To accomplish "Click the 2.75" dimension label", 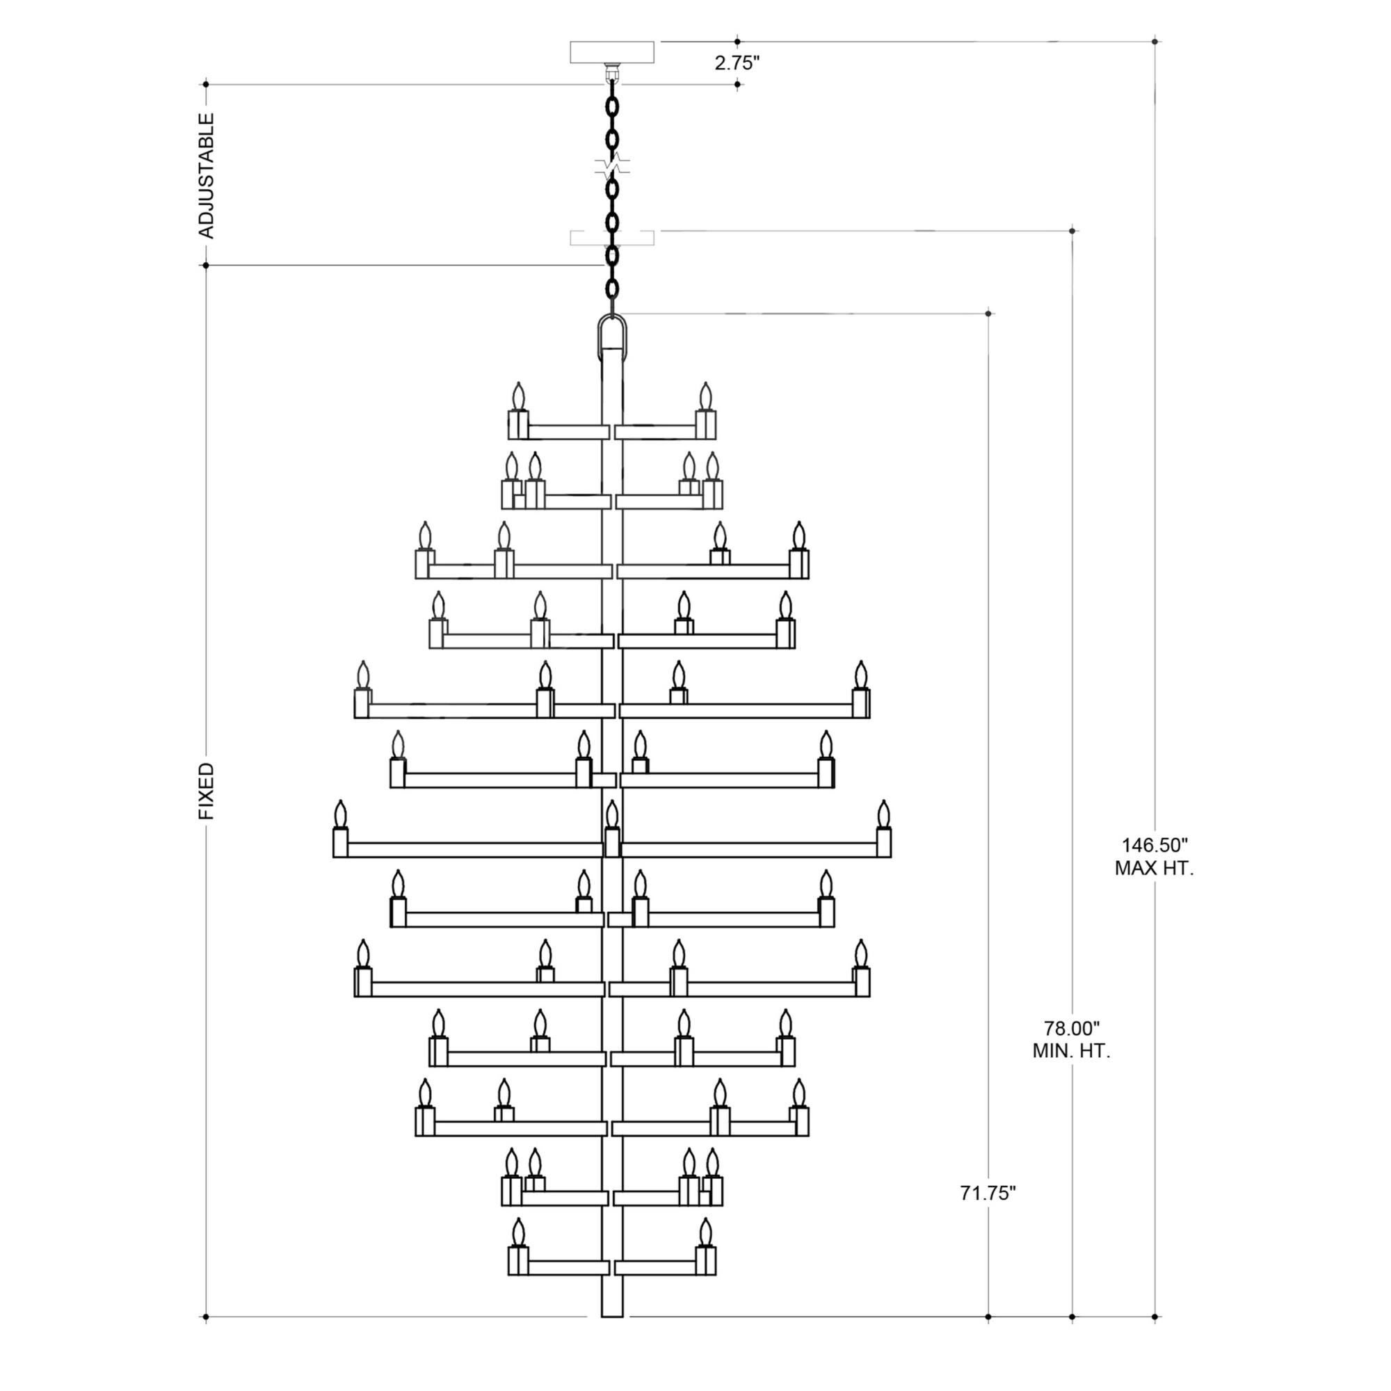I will tap(737, 63).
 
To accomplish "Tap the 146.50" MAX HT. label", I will tap(1155, 857).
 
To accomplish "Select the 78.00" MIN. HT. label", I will tap(1072, 1039).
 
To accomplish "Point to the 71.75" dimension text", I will tap(988, 1193).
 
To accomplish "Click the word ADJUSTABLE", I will tap(207, 175).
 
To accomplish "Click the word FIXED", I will tap(207, 791).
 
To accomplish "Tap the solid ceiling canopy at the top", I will tap(612, 53).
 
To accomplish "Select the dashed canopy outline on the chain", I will tap(612, 238).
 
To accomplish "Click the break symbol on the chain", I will tap(612, 167).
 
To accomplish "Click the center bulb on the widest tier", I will tap(612, 817).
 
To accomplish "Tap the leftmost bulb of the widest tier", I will tap(341, 816).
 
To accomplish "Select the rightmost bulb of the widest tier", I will tap(884, 816).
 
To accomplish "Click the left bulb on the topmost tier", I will tap(518, 397).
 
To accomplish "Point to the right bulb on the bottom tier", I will tap(705, 1234).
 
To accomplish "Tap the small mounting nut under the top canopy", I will tap(612, 71).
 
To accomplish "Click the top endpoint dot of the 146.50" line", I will tap(1155, 41).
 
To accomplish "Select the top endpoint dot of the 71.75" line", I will tap(988, 313).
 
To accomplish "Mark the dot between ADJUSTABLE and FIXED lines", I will tap(206, 265).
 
